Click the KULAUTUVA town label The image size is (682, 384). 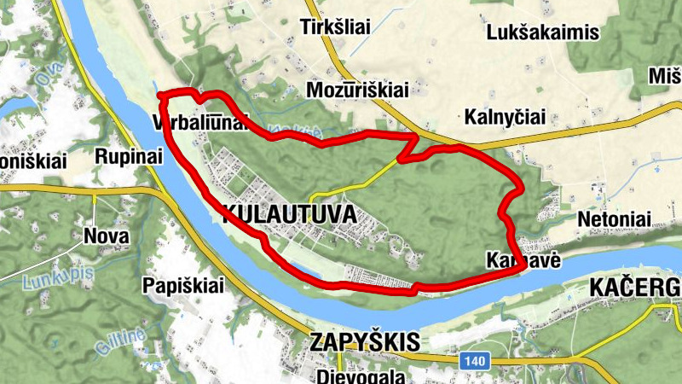[x=289, y=214]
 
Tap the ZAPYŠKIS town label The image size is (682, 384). [x=366, y=343]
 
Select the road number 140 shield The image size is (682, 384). [x=475, y=362]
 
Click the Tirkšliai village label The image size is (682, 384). [x=336, y=28]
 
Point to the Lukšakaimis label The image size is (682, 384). [x=543, y=33]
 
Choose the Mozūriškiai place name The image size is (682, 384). [x=357, y=90]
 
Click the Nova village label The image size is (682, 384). [x=107, y=236]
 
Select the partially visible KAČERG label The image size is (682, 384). [x=635, y=290]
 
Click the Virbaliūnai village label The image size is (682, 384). [x=200, y=122]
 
